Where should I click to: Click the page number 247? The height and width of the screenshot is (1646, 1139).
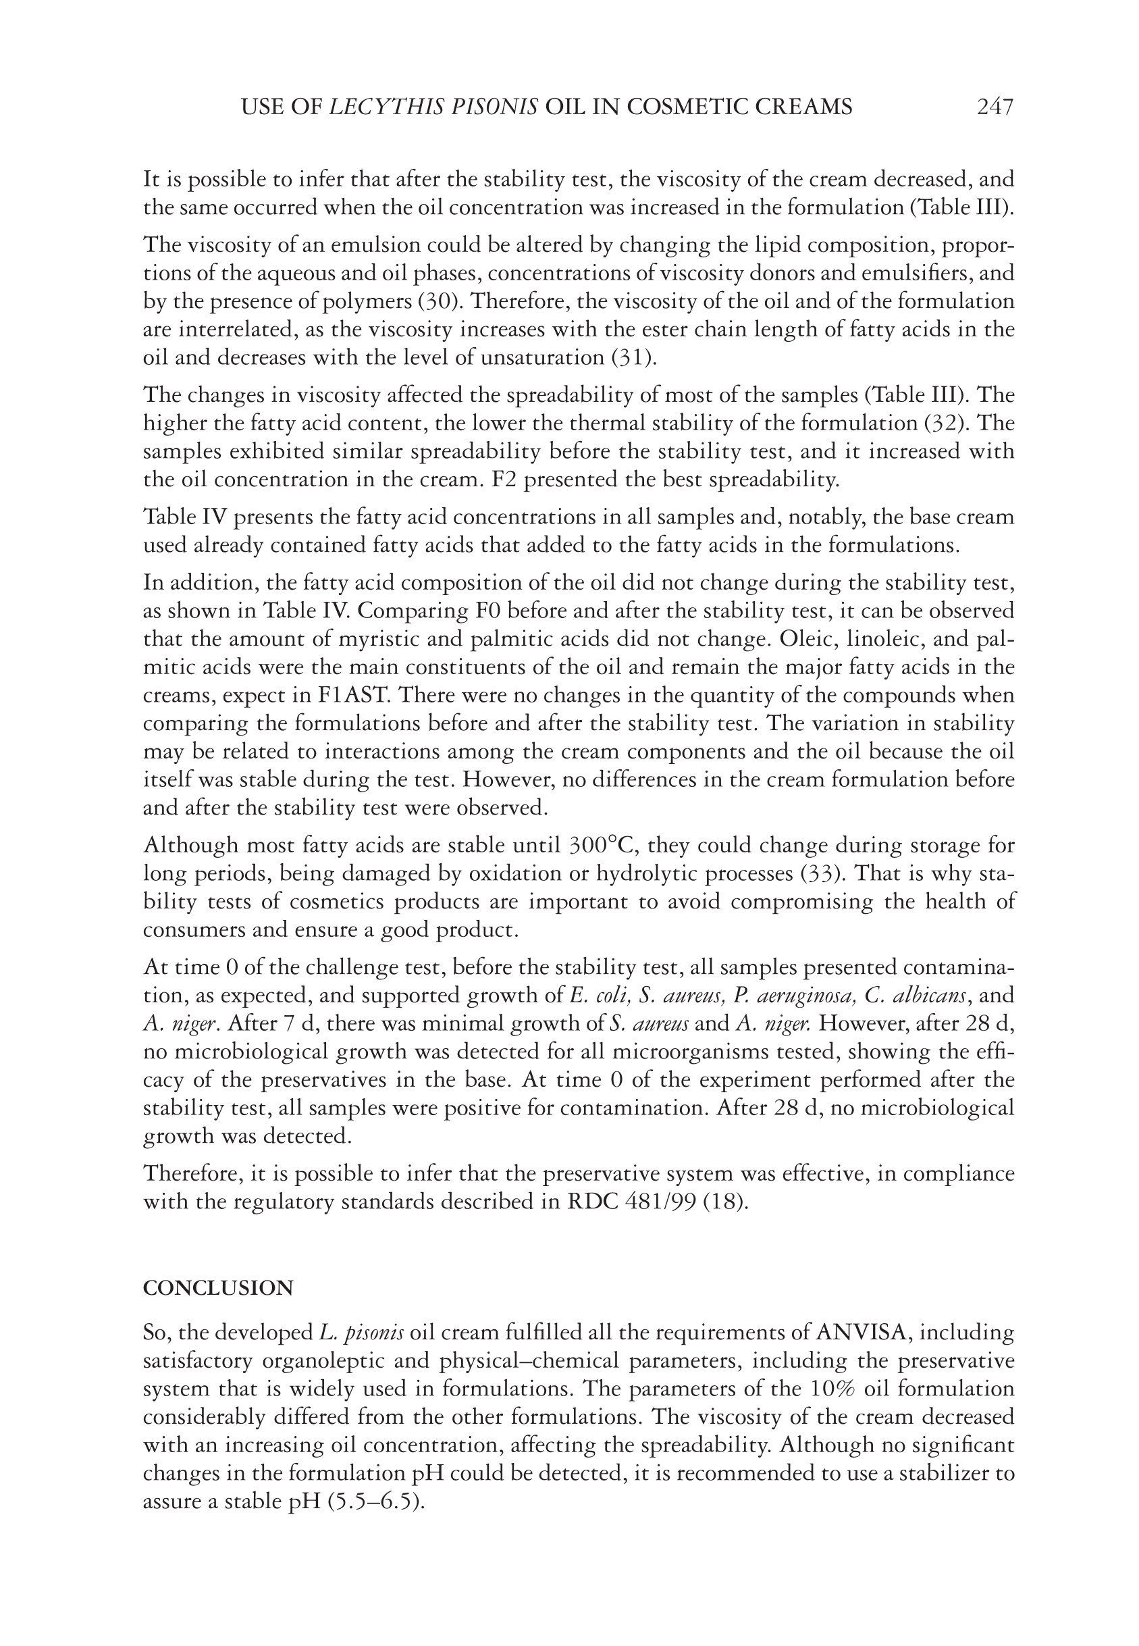pos(995,107)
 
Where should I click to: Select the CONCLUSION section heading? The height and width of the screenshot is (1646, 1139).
pos(217,1289)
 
